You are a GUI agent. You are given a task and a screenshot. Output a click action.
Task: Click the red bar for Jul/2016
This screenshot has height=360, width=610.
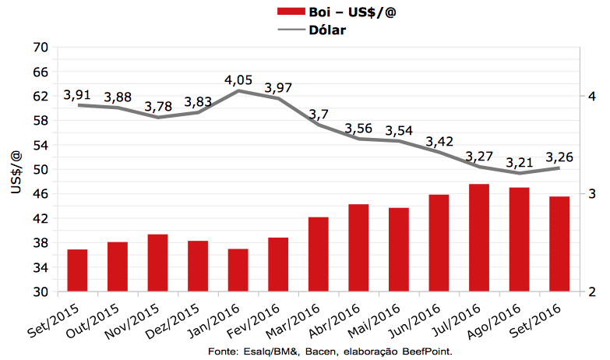(x=478, y=238)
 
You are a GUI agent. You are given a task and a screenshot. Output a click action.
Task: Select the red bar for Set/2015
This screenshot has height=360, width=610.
(x=77, y=270)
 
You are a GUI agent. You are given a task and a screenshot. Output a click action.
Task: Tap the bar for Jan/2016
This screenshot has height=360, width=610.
(x=238, y=270)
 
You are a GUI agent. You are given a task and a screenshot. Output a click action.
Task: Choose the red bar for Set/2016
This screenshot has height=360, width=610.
(x=559, y=244)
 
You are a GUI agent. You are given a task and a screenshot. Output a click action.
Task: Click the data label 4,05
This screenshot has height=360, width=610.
(x=238, y=80)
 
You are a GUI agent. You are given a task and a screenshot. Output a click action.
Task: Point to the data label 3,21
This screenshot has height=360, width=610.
(x=518, y=163)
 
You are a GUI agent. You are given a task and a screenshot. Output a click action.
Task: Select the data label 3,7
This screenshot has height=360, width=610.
(x=319, y=115)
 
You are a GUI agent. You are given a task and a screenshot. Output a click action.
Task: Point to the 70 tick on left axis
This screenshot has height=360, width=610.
(x=41, y=48)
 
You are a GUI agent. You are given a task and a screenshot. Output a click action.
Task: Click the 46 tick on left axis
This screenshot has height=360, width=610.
(x=41, y=194)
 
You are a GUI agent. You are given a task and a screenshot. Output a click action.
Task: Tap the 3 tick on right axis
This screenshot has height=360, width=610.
(x=591, y=194)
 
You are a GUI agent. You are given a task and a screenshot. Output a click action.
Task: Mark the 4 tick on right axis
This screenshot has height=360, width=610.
(x=591, y=96)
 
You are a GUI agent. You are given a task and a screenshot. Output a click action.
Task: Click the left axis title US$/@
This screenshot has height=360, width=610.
(x=16, y=169)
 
